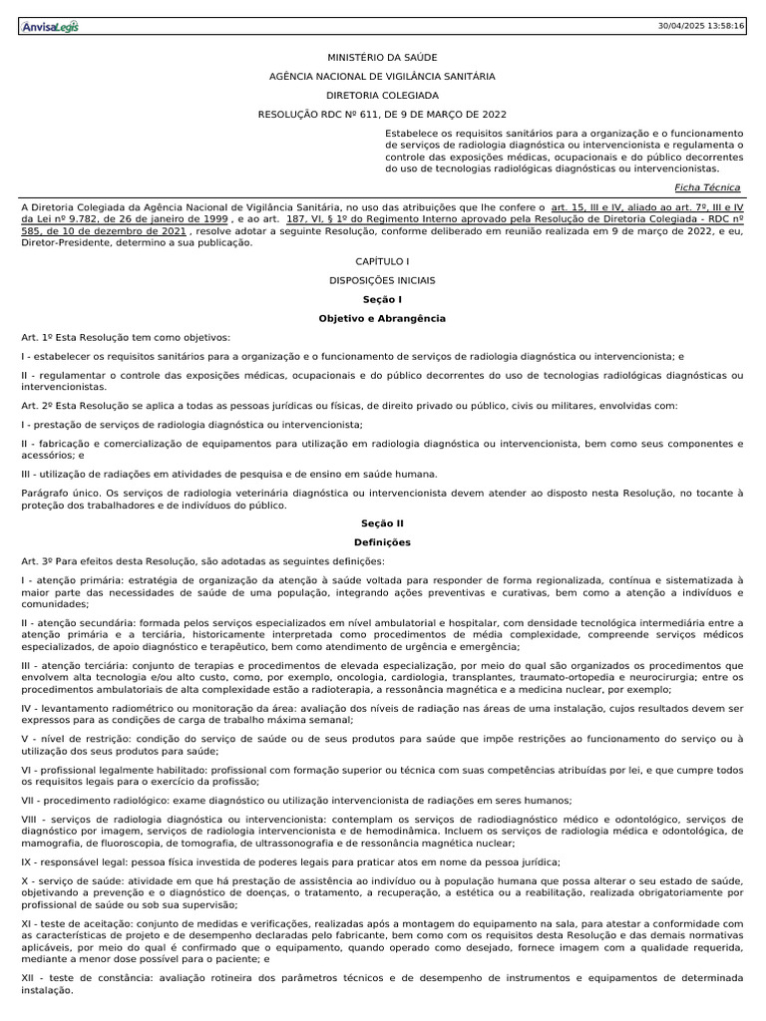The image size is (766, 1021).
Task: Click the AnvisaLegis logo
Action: [x=50, y=26]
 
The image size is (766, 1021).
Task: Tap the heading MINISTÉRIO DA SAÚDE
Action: [x=383, y=59]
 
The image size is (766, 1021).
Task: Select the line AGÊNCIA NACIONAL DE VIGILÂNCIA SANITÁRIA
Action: [x=383, y=77]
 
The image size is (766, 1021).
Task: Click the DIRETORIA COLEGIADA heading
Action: [x=383, y=96]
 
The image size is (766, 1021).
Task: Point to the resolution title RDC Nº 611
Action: [x=383, y=115]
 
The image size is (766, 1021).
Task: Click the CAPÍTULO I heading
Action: [x=383, y=261]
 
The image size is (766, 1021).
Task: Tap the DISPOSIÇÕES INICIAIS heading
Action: [x=383, y=280]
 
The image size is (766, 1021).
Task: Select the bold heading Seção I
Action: [x=383, y=299]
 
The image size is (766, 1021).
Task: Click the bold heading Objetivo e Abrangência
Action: [x=383, y=318]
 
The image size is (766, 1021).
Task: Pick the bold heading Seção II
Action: [x=383, y=523]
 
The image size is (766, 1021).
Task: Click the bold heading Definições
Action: [x=383, y=542]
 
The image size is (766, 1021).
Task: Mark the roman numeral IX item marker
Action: [x=27, y=862]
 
